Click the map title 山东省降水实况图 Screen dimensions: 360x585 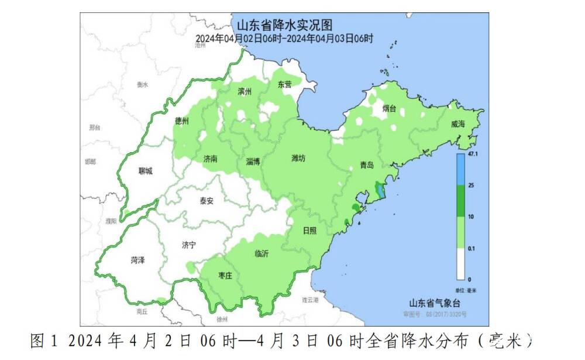[x=284, y=26]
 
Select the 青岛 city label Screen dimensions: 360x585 [x=367, y=166]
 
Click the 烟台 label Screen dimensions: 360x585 [x=390, y=108]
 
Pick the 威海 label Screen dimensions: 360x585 [x=458, y=124]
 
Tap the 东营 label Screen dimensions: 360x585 [x=284, y=84]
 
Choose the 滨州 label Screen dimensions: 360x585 [x=245, y=92]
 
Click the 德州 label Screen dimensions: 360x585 [x=182, y=121]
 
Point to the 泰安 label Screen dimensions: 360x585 [x=207, y=200]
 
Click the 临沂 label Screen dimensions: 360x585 [x=262, y=253]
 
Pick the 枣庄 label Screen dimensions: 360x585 [x=225, y=275]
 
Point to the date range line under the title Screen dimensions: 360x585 [x=284, y=39]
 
